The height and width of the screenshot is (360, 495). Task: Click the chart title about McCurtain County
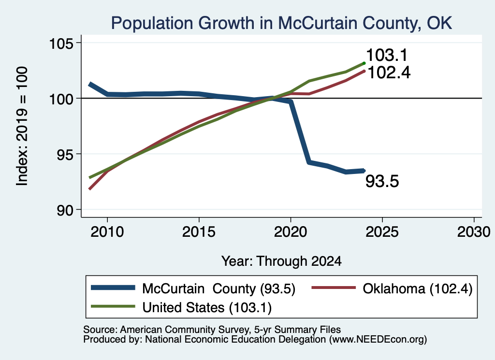[x=281, y=23]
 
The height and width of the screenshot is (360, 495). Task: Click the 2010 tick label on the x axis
[x=107, y=232]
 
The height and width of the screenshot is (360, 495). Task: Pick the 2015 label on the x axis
[x=199, y=232]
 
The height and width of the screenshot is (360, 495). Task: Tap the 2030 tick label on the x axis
[x=474, y=232]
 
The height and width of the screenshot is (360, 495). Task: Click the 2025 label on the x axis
[x=382, y=232]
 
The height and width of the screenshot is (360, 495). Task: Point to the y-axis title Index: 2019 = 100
[x=22, y=126]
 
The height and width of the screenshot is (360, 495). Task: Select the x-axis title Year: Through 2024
[x=281, y=261]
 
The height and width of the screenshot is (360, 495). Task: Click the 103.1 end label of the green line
[x=387, y=55]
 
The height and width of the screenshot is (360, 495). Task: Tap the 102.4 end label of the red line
[x=389, y=72]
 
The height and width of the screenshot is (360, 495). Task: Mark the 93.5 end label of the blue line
[x=382, y=181]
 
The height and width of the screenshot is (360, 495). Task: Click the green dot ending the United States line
[x=364, y=63]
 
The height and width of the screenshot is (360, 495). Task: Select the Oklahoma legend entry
[x=392, y=288]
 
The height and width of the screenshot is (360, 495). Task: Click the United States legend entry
[x=181, y=307]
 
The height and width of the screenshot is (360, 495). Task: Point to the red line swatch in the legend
[x=334, y=288]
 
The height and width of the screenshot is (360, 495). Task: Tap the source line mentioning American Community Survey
[x=212, y=330]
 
